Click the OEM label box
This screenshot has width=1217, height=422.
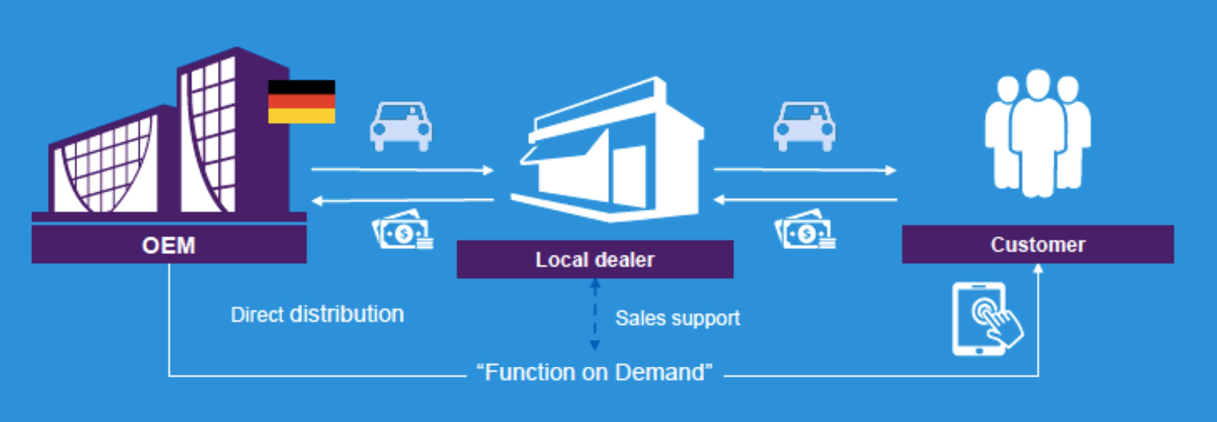(169, 245)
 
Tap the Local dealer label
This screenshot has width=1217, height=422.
(595, 259)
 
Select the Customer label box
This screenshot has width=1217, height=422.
(1037, 244)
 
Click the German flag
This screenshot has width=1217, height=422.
(301, 102)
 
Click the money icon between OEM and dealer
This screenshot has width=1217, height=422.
(403, 230)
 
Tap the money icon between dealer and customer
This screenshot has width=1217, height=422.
(805, 230)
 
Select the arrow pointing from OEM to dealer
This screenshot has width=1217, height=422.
(402, 169)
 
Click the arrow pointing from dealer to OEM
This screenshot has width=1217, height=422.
(402, 200)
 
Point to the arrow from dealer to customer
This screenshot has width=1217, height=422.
(804, 169)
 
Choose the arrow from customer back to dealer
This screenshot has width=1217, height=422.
(804, 200)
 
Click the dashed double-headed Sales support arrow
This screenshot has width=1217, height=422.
(595, 314)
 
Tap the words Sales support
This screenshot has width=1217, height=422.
(677, 318)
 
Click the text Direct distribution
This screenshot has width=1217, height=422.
(317, 314)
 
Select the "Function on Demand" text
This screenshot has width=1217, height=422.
(595, 372)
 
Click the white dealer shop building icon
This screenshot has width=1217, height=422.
(609, 151)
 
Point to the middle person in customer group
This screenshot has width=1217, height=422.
(1037, 132)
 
